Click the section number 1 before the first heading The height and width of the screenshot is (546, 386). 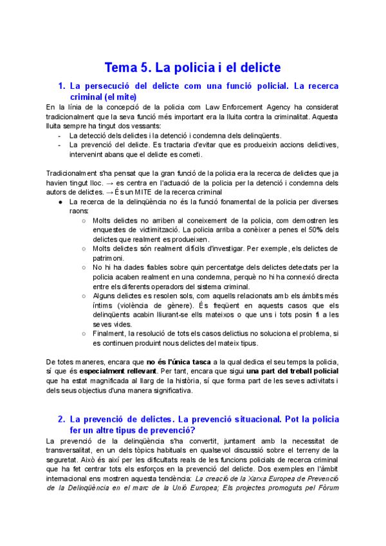tap(61, 86)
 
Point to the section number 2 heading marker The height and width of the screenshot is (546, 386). tap(61, 419)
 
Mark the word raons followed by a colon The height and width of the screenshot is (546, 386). tap(79, 210)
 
